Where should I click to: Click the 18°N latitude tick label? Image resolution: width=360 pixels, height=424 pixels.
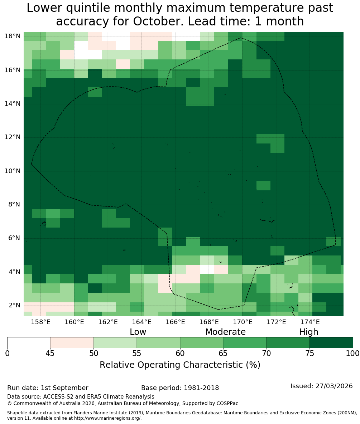[x=13, y=36]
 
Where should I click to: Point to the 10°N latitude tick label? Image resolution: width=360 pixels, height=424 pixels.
[x=13, y=171]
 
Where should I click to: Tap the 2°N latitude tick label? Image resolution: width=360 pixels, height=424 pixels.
[x=14, y=305]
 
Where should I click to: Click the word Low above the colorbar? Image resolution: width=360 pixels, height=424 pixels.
[x=138, y=332]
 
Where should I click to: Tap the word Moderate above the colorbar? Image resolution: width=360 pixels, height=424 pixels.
[x=225, y=332]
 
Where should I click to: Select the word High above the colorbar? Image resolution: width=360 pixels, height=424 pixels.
[x=308, y=332]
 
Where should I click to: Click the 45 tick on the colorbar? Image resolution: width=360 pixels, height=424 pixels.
[x=51, y=354]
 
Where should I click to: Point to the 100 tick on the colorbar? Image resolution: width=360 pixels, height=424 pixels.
[x=353, y=354]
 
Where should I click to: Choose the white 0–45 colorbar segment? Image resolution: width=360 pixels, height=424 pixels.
[x=29, y=343]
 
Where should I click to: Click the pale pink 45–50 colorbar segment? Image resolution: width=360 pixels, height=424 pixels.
[x=72, y=343]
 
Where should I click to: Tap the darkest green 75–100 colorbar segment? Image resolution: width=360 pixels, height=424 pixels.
[x=331, y=343]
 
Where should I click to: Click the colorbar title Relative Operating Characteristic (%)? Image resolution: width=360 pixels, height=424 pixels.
[x=180, y=365]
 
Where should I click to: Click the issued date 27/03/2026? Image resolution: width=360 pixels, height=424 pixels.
[x=334, y=386]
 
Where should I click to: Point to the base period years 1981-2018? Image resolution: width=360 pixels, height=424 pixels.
[x=201, y=388]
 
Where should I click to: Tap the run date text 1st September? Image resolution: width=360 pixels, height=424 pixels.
[x=64, y=388]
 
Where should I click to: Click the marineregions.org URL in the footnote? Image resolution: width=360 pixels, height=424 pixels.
[x=107, y=418]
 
